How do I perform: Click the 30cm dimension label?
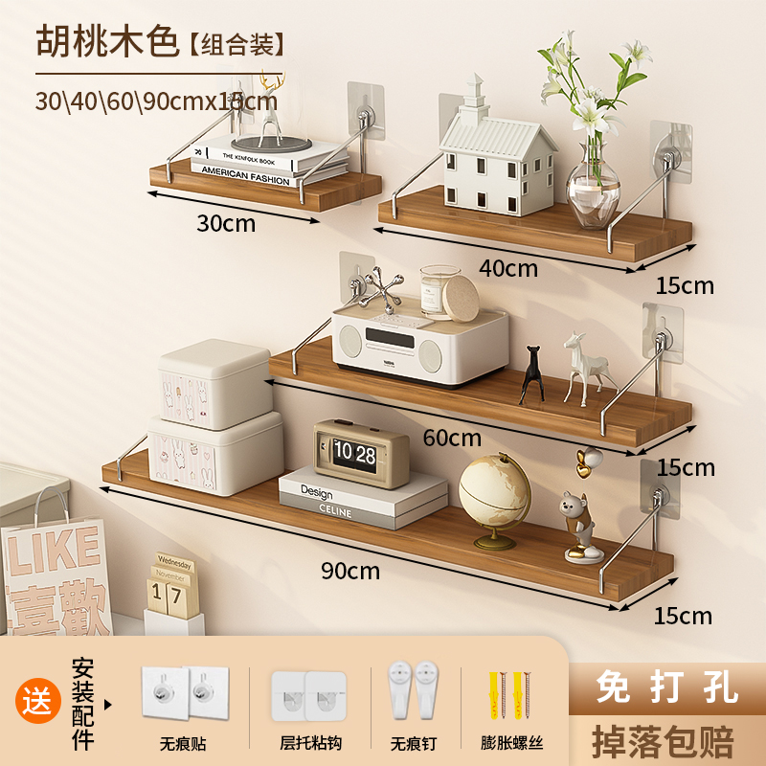click(x=226, y=223)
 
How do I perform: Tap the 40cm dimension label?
click(x=508, y=268)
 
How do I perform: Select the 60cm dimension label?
click(x=451, y=439)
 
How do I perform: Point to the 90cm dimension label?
click(x=349, y=572)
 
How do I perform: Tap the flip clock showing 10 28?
click(x=360, y=453)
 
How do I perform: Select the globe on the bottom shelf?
click(x=494, y=496)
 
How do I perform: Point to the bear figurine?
click(x=575, y=526)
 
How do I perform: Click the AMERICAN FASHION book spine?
click(x=245, y=178)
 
